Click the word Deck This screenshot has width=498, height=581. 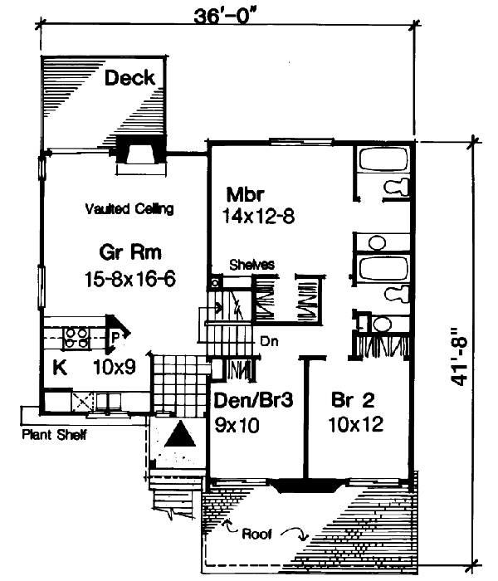click(x=130, y=78)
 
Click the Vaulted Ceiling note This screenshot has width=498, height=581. click(x=129, y=209)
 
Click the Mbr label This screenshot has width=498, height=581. click(x=245, y=196)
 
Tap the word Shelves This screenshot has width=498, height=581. click(x=252, y=265)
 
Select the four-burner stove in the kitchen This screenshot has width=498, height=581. click(x=77, y=337)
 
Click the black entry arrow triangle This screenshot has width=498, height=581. click(x=178, y=435)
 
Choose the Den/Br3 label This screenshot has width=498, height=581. click(x=251, y=400)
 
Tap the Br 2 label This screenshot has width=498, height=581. click(x=353, y=400)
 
